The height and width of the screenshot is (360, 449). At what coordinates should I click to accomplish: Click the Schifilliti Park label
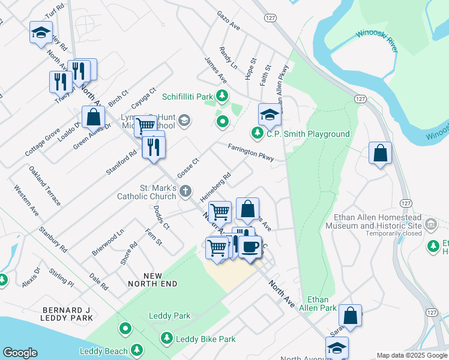(188, 96)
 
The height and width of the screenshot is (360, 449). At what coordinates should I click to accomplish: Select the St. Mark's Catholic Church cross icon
(186, 191)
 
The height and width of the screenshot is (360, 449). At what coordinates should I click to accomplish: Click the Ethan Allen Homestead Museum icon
(430, 225)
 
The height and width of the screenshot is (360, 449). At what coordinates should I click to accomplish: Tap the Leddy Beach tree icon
(137, 350)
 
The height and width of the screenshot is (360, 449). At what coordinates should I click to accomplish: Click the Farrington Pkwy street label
(250, 153)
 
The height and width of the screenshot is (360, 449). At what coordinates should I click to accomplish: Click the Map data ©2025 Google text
(412, 355)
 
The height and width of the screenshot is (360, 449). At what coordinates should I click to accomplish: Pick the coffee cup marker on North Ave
(250, 245)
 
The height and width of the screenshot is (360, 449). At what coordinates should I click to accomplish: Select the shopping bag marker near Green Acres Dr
(94, 117)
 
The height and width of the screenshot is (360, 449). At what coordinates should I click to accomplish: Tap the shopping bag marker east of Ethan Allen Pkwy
(380, 153)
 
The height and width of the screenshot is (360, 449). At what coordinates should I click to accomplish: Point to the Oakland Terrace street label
(44, 186)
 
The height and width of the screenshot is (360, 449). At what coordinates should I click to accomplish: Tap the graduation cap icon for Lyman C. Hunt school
(184, 121)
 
